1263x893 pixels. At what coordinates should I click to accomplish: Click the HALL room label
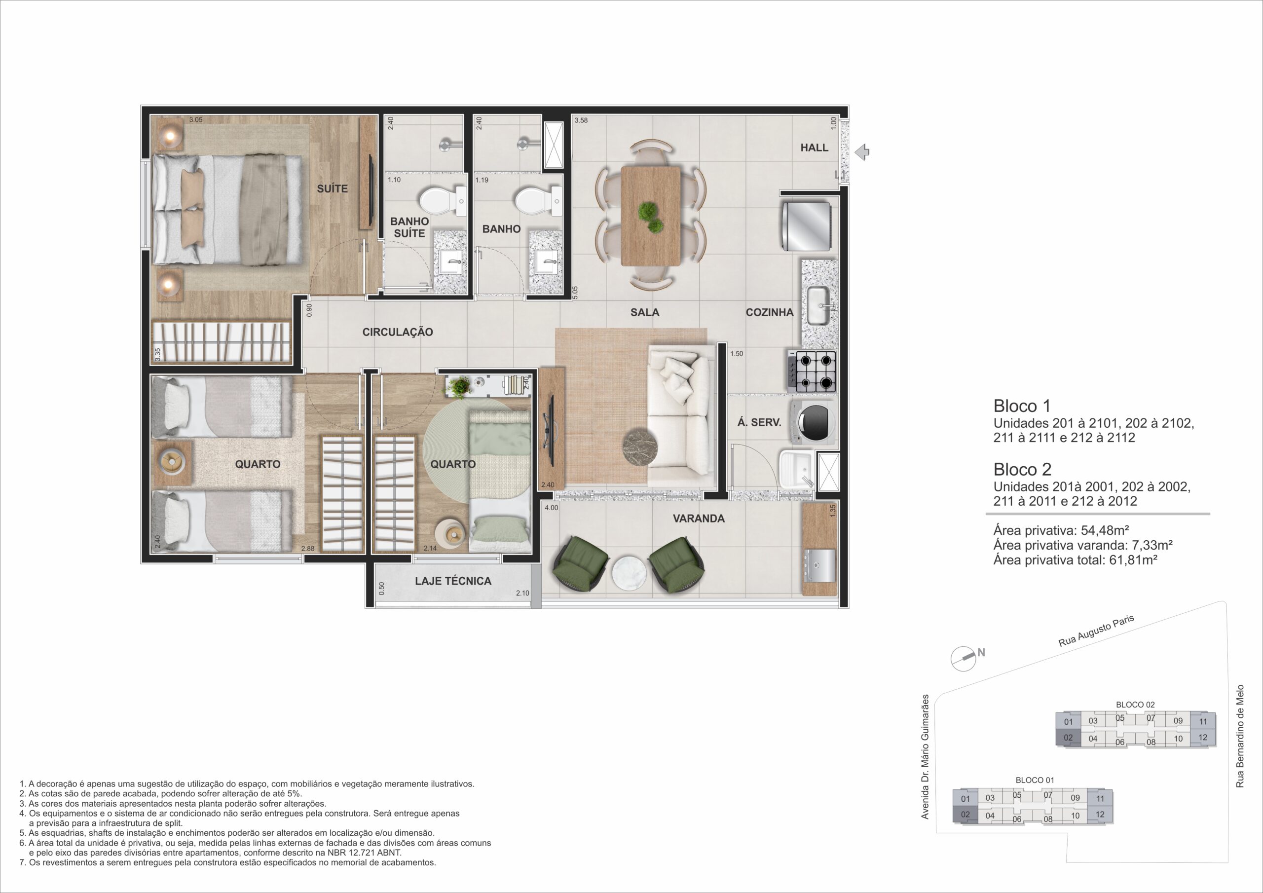click(x=814, y=148)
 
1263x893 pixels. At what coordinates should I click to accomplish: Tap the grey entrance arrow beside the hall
click(x=862, y=152)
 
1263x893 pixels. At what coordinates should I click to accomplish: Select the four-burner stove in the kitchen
click(x=812, y=372)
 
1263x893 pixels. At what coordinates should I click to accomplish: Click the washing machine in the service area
click(x=813, y=422)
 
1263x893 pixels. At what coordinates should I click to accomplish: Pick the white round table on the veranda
click(x=630, y=573)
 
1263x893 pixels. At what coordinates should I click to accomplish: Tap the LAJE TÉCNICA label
click(x=453, y=581)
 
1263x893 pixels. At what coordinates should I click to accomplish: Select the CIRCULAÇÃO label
click(x=397, y=332)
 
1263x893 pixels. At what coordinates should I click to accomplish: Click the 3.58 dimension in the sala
click(x=581, y=120)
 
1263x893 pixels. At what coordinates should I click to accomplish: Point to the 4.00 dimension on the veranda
click(x=551, y=508)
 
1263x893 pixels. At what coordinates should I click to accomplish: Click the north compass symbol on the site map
click(x=964, y=658)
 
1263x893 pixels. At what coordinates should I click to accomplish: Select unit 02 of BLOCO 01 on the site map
click(x=966, y=815)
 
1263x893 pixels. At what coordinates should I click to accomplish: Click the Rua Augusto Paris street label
click(x=1096, y=631)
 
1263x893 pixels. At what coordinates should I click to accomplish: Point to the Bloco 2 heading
click(x=1022, y=469)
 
